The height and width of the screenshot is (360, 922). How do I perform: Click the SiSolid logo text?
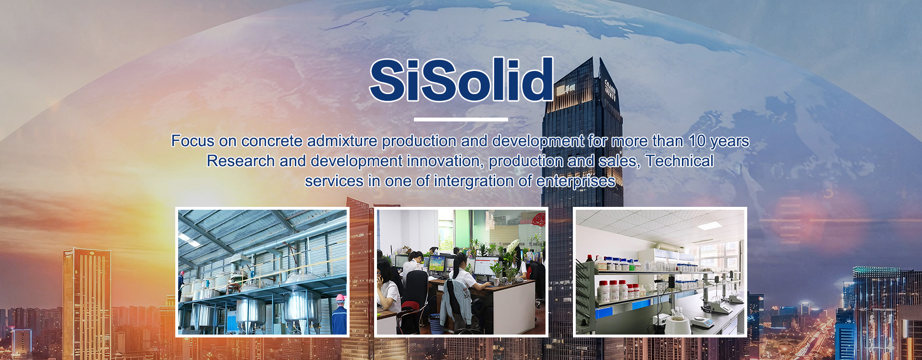461,80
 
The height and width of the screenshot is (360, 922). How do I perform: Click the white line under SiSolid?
461,119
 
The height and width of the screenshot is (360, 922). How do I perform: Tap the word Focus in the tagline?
193,141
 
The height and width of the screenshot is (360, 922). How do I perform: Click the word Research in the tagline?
241,161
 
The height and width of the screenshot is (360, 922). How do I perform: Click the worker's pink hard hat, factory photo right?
340,298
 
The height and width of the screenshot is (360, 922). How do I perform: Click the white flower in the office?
513,246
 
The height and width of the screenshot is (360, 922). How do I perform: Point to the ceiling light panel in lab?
710,226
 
